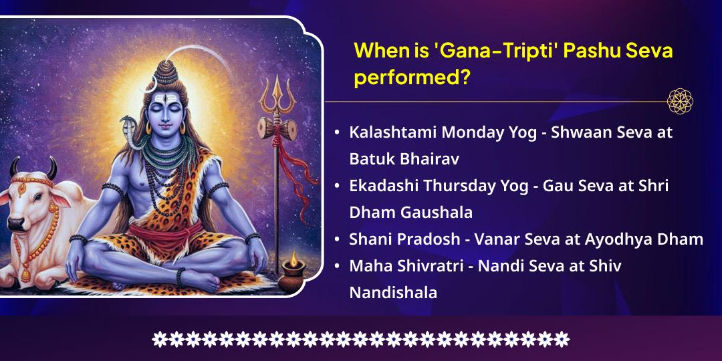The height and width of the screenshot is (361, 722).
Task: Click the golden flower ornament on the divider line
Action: point(680,102)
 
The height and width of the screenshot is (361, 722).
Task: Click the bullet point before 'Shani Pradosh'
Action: point(338,240)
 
